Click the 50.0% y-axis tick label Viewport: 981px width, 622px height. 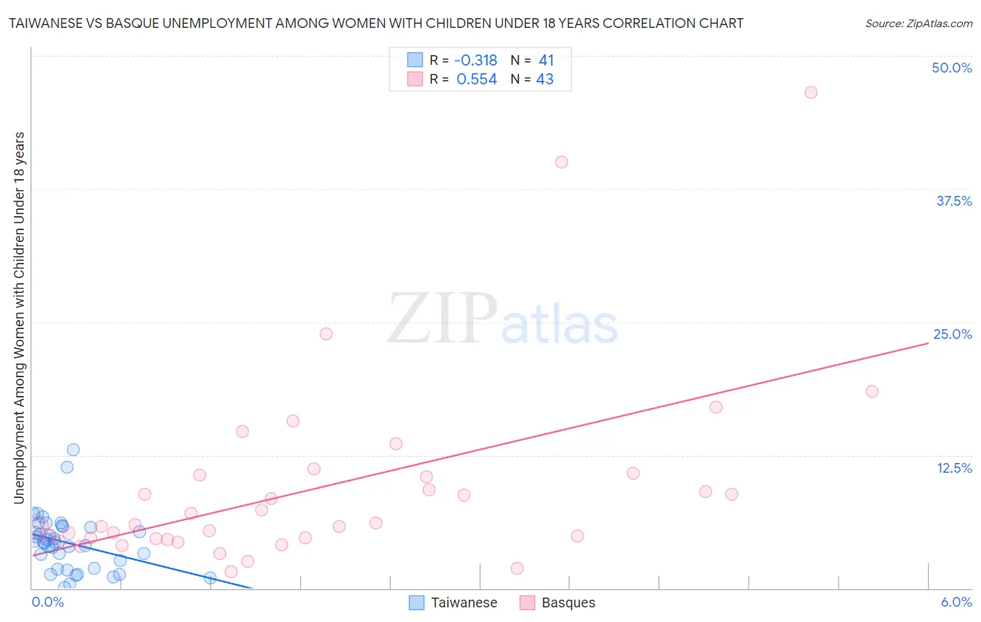point(952,68)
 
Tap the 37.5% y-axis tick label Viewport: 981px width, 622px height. point(954,201)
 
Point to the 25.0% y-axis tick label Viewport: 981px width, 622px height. point(952,334)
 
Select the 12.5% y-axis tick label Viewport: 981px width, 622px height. point(954,468)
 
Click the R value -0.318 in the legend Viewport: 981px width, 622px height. point(475,60)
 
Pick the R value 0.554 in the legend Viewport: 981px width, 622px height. point(477,79)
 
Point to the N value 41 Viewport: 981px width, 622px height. point(546,60)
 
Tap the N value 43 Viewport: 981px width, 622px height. point(545,79)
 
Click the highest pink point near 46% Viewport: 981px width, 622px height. point(811,92)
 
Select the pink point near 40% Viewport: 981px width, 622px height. point(562,162)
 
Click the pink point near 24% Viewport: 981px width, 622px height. point(326,333)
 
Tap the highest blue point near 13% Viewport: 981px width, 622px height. point(73,450)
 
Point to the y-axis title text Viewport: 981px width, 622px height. point(20,317)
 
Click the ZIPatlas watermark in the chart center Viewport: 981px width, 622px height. point(502,320)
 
